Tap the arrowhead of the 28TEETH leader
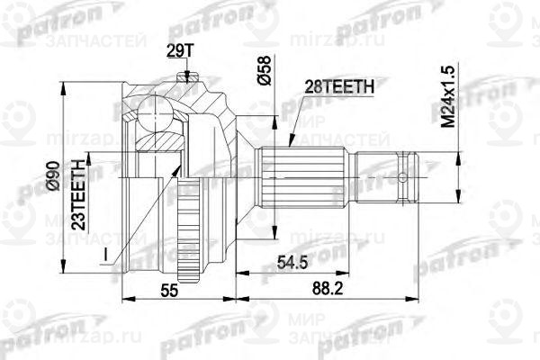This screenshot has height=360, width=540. pos(290,142)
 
